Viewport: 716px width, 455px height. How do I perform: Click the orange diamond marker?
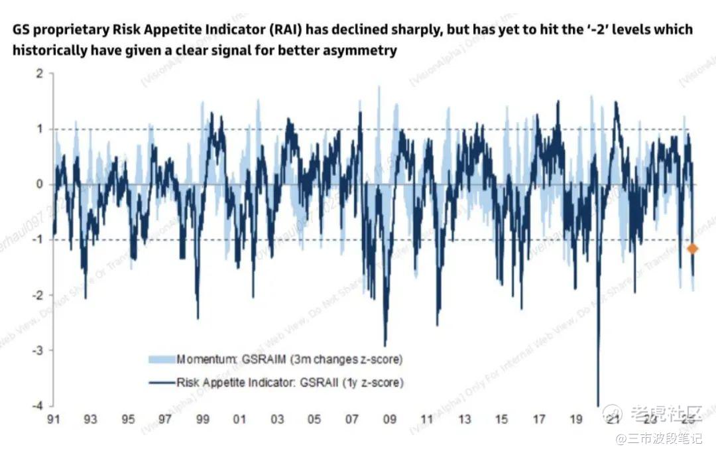pyautogui.click(x=693, y=249)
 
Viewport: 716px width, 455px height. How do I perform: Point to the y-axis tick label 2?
pyautogui.click(x=40, y=74)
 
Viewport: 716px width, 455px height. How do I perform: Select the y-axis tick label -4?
pyautogui.click(x=38, y=405)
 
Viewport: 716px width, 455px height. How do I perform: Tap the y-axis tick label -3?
pyautogui.click(x=38, y=350)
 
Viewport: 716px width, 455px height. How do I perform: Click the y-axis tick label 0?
pyautogui.click(x=40, y=184)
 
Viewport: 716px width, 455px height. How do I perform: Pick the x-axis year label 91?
pyautogui.click(x=53, y=420)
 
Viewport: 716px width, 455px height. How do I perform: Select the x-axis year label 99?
pyautogui.click(x=203, y=420)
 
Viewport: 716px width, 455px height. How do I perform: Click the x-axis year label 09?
pyautogui.click(x=390, y=420)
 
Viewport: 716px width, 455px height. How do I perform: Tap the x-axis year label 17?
pyautogui.click(x=540, y=420)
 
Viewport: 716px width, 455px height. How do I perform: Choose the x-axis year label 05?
pyautogui.click(x=315, y=420)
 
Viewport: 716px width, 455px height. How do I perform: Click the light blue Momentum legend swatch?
pyautogui.click(x=161, y=359)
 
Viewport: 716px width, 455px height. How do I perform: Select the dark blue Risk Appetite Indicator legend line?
pyautogui.click(x=161, y=383)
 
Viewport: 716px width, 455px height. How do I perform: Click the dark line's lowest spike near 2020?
pyautogui.click(x=598, y=403)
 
